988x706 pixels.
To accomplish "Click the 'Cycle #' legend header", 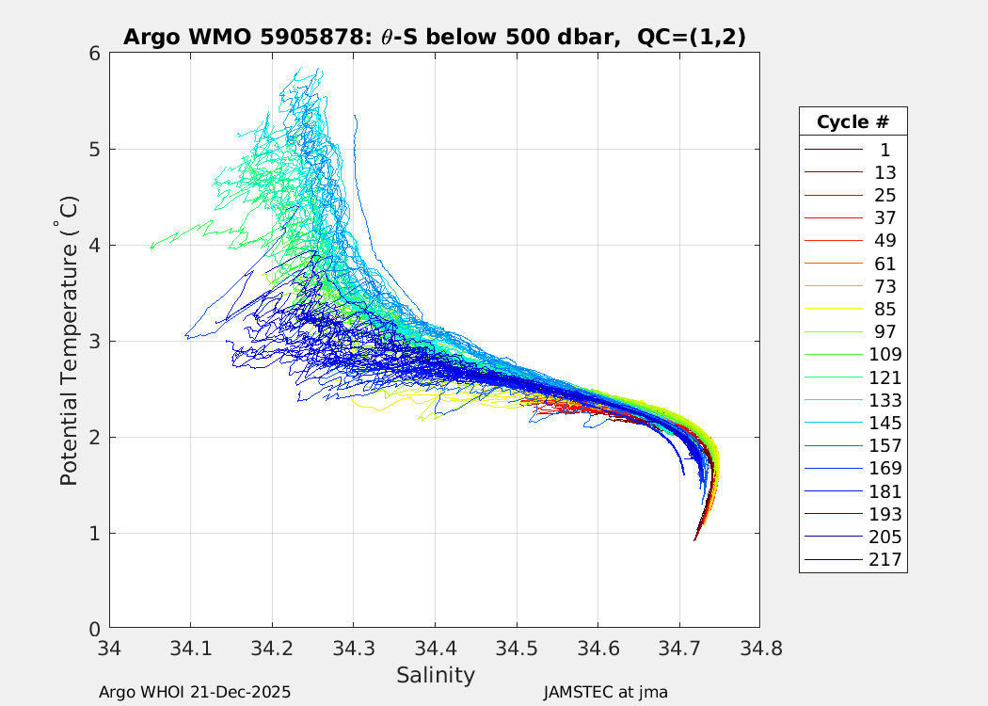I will click(853, 121).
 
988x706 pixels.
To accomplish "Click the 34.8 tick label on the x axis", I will click(759, 648).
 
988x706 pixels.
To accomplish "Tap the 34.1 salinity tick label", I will click(191, 648).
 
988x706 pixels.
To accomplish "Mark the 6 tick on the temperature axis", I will click(94, 54).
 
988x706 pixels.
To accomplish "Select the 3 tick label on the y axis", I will click(94, 342).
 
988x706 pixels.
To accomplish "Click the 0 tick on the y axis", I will click(94, 629).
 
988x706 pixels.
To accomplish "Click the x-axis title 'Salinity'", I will click(435, 675).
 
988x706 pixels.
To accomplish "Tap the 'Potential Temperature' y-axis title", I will click(69, 341).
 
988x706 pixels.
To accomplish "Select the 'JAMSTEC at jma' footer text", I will click(605, 692).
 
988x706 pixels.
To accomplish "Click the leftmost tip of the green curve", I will click(151, 248).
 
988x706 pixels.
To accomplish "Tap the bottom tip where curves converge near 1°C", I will click(694, 539).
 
